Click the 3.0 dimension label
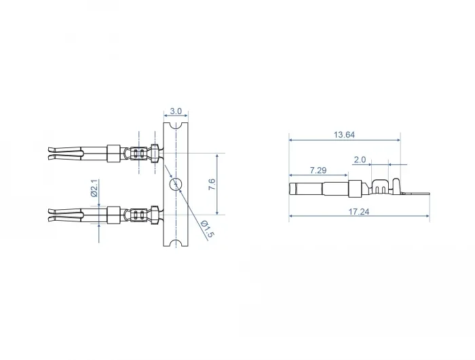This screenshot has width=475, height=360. click(x=176, y=111)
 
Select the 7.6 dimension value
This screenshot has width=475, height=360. click(x=212, y=184)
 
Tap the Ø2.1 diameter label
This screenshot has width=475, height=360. click(x=94, y=188)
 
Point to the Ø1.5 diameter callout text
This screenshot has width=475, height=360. click(x=208, y=229)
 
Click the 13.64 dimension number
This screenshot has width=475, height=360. click(x=344, y=134)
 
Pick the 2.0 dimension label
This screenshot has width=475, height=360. click(x=360, y=160)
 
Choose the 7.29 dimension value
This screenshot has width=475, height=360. click(x=318, y=170)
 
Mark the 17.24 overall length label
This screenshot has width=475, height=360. click(x=359, y=211)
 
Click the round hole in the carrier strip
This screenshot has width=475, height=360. click(x=176, y=184)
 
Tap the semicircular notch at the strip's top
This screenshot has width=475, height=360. click(x=176, y=125)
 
